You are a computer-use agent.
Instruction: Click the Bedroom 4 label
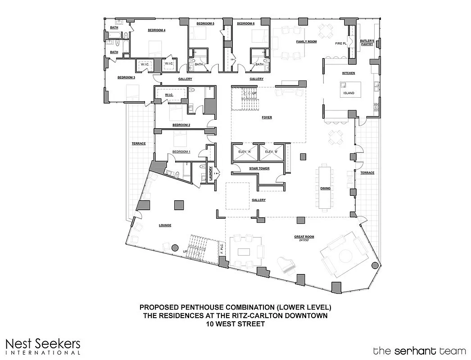157,31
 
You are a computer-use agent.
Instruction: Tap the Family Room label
306,41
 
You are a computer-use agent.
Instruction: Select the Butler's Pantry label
367,43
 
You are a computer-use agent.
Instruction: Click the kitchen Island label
349,93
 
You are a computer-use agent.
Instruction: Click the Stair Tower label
259,168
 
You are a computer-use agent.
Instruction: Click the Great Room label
305,237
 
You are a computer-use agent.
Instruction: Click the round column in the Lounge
176,247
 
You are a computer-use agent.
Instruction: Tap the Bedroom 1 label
181,152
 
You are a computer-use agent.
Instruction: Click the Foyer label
267,117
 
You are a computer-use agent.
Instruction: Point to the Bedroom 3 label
126,77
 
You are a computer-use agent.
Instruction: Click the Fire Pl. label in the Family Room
340,44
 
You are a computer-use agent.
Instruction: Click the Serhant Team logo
418,350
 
